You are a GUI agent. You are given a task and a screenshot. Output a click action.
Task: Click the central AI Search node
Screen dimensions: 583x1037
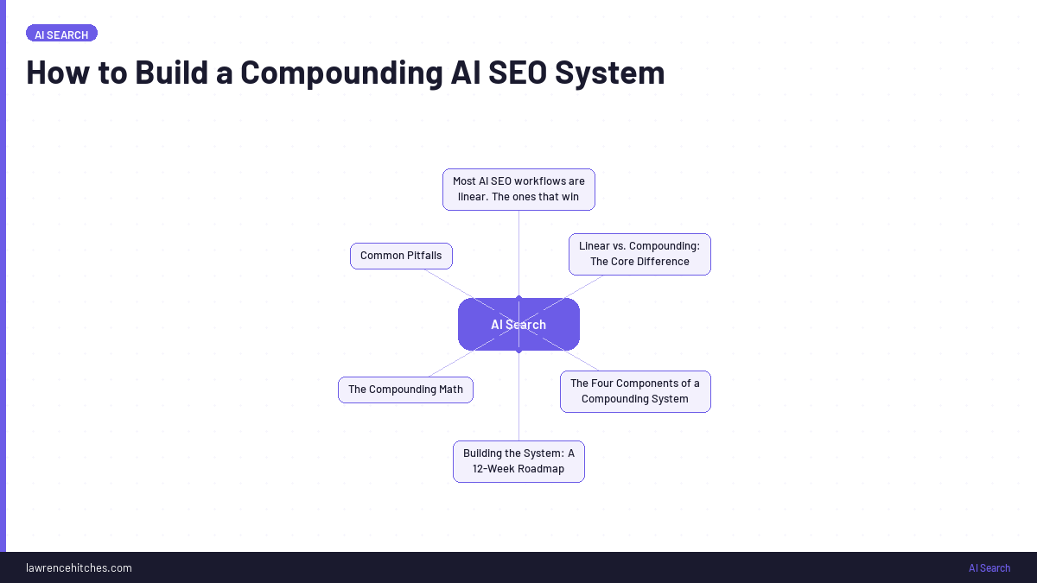click(518, 325)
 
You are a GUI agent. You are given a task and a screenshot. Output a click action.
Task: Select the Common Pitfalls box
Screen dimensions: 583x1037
click(401, 256)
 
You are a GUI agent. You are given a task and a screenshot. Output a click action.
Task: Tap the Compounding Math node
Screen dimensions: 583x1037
click(405, 390)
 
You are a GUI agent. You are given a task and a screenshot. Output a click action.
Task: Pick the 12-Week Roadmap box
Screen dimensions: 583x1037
click(518, 461)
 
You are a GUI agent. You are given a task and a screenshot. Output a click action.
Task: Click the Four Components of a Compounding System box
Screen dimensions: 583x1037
click(635, 391)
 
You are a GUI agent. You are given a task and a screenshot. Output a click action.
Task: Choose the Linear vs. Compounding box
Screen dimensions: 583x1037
click(639, 254)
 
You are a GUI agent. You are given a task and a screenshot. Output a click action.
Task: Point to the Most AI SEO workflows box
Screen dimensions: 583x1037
click(518, 189)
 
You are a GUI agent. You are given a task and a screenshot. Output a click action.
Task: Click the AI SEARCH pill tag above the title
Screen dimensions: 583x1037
click(61, 34)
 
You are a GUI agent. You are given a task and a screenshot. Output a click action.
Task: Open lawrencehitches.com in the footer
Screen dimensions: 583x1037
click(79, 567)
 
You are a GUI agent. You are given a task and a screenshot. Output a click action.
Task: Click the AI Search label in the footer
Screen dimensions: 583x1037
click(989, 567)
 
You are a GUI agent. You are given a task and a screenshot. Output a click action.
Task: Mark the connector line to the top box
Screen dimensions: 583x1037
click(518, 250)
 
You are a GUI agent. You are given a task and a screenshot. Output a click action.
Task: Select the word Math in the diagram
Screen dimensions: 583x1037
click(450, 390)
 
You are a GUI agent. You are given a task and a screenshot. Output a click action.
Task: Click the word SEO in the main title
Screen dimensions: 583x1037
click(517, 73)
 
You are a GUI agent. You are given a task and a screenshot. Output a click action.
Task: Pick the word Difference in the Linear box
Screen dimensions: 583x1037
click(664, 262)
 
